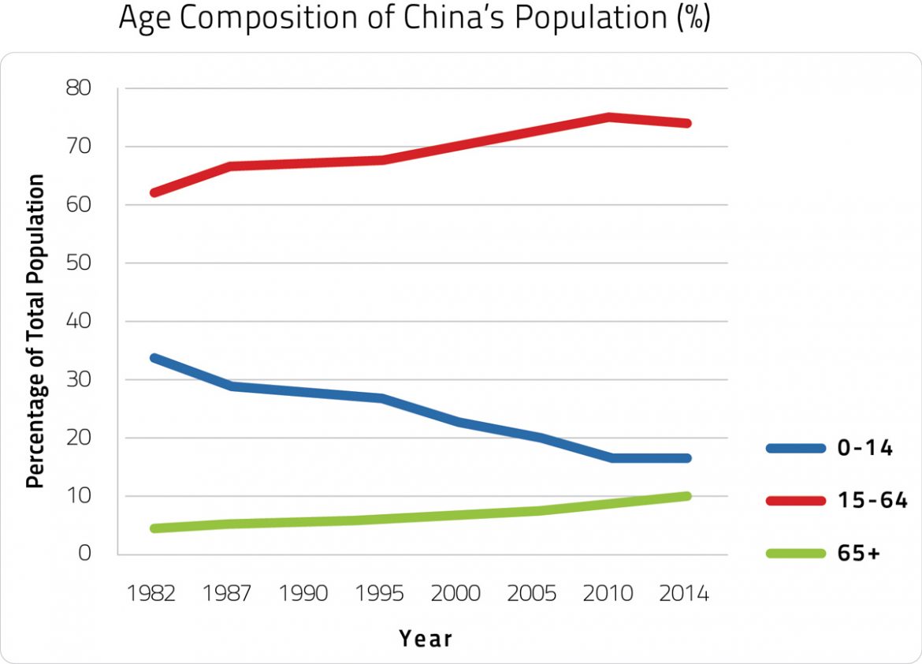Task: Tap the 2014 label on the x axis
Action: [684, 594]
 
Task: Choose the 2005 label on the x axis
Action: [533, 594]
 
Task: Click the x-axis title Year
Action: [426, 638]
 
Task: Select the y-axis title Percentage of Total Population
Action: [35, 331]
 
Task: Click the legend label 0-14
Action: [864, 449]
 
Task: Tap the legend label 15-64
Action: [872, 501]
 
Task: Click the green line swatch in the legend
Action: [795, 554]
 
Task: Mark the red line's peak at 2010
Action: [609, 118]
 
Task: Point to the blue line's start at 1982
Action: [154, 357]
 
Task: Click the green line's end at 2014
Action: [686, 496]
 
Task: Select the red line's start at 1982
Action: [154, 192]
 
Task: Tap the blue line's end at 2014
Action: [686, 458]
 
